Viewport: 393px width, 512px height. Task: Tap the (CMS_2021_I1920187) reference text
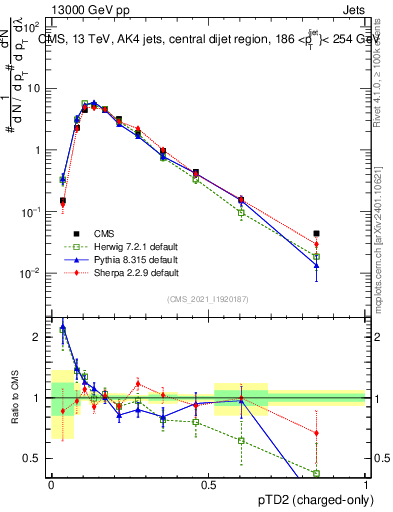pos(208,297)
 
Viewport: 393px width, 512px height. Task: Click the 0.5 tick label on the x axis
pos(208,484)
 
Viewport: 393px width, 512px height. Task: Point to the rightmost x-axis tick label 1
pos(366,484)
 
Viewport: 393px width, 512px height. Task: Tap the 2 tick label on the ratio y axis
pos(38,337)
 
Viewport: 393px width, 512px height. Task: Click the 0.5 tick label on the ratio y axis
pos(33,459)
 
